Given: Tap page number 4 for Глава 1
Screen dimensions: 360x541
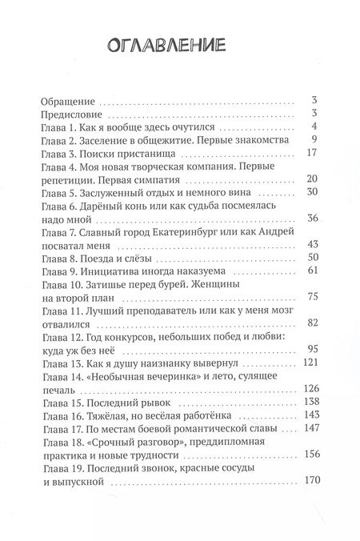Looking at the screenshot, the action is (x=317, y=128).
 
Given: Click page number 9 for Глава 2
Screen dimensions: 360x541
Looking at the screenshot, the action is (x=317, y=142).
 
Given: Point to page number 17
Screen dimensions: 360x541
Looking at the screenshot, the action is (x=314, y=155).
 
